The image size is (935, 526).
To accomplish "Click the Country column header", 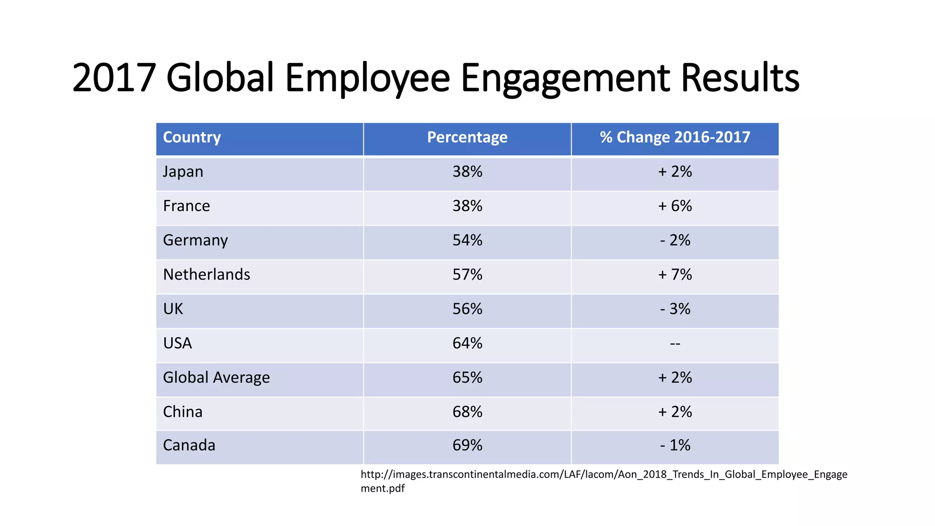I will (192, 137).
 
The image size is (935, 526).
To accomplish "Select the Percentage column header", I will (467, 137).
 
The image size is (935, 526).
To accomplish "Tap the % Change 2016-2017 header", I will (675, 137).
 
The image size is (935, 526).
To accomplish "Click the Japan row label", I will (183, 172).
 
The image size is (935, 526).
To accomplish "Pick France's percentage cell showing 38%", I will (467, 206).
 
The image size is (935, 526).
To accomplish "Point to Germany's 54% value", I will (467, 240).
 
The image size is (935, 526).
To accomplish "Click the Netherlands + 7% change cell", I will (675, 274).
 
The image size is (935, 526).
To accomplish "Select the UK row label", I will (173, 309).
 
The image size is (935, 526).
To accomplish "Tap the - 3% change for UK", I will (675, 309).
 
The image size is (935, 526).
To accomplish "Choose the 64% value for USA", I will (467, 343).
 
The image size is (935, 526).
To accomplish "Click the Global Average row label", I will (216, 378).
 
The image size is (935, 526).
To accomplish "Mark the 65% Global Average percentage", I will (467, 378).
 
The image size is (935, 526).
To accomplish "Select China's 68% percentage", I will (467, 412).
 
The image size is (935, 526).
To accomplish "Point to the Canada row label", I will (189, 445).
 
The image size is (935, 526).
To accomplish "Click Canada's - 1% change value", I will (675, 445).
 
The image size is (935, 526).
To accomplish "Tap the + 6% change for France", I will (675, 206).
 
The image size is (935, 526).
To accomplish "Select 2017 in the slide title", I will (114, 78).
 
